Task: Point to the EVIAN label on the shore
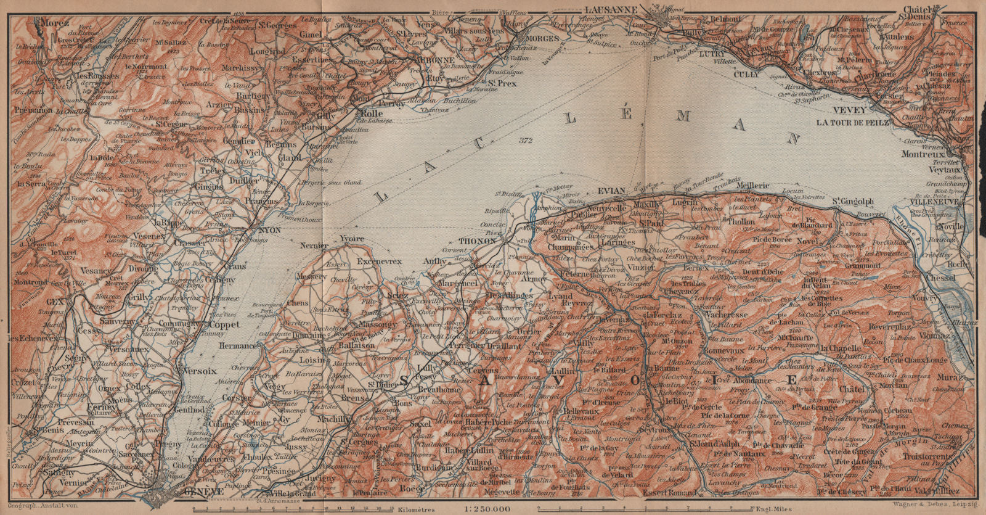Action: (611, 191)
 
